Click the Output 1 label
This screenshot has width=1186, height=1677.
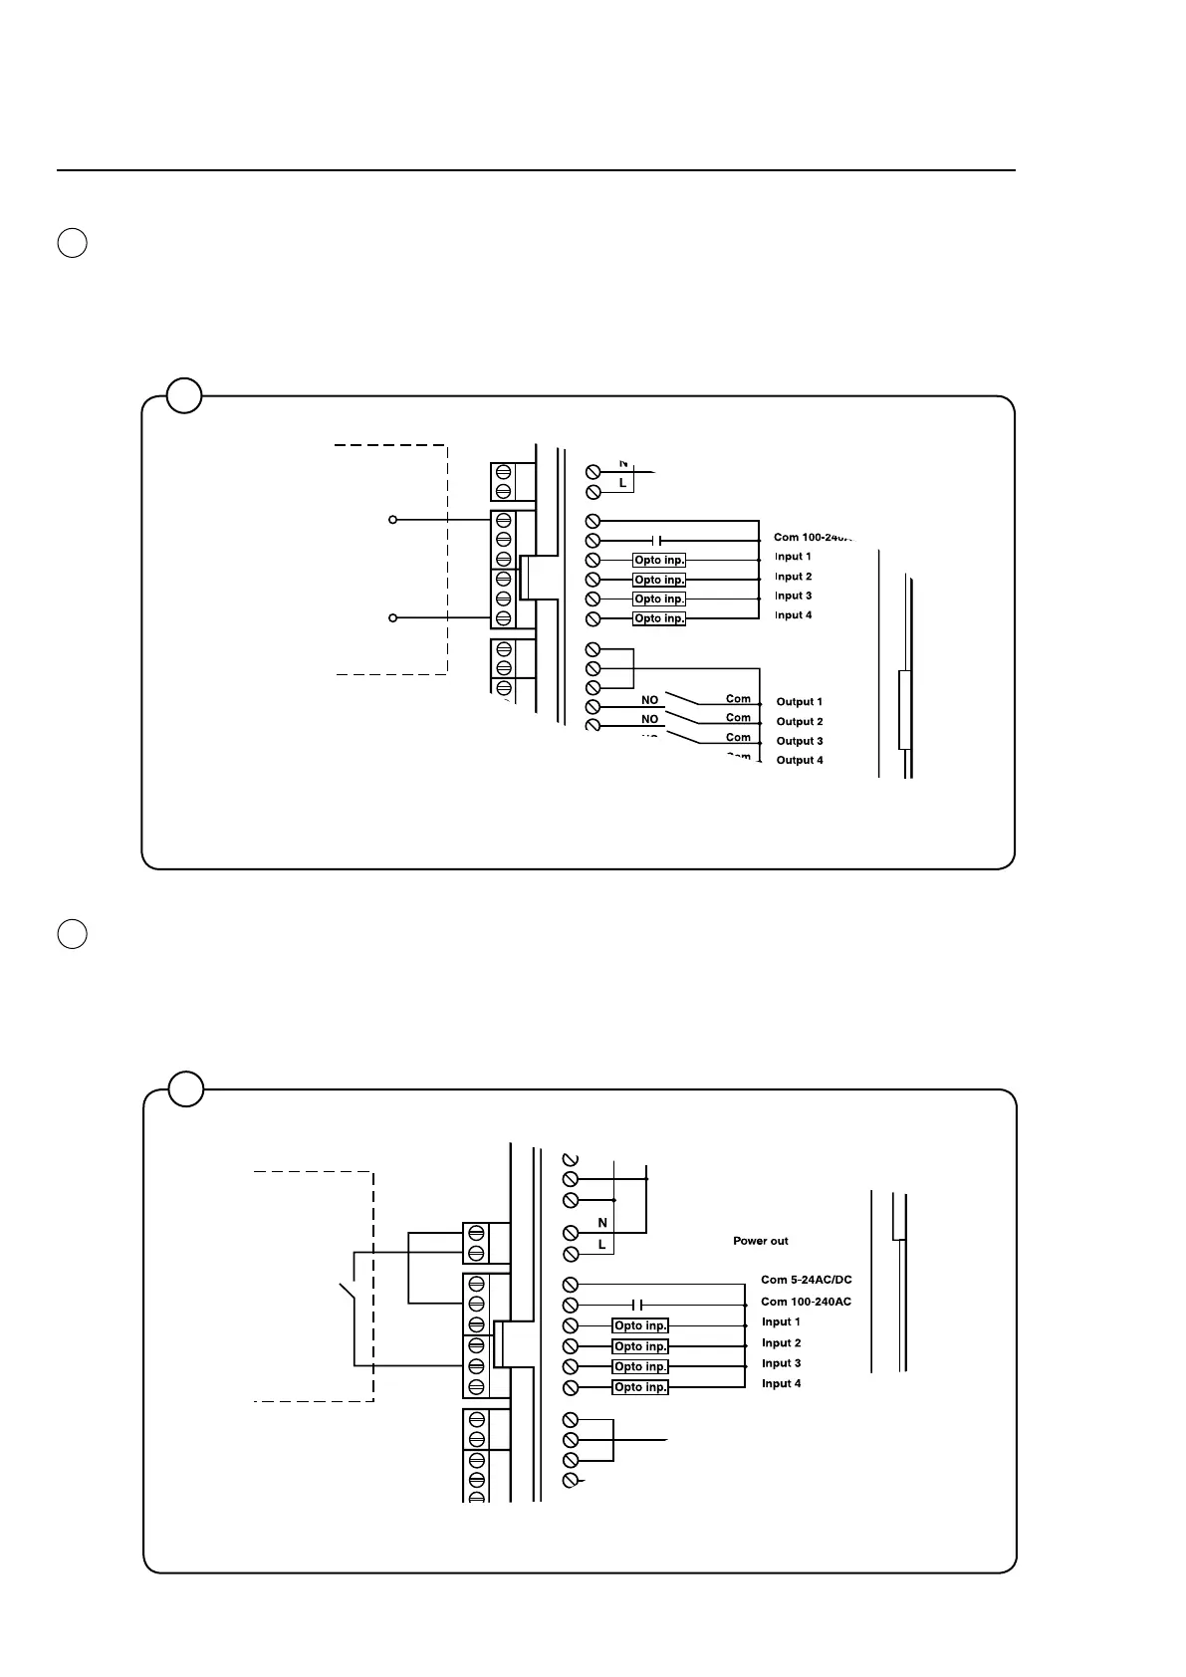click(x=799, y=702)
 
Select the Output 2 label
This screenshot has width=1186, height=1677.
click(x=799, y=722)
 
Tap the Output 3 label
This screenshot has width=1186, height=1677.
click(x=799, y=741)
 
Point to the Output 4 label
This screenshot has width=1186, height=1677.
click(x=799, y=761)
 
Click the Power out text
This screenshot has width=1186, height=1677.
click(x=760, y=1241)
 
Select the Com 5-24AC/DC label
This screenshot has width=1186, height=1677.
click(x=806, y=1280)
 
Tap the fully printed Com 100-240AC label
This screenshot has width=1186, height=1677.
click(x=806, y=1302)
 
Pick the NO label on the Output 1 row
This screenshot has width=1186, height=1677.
click(x=649, y=700)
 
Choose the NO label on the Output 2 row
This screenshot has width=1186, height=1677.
click(x=649, y=719)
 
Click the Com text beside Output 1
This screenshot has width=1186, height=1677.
click(x=738, y=699)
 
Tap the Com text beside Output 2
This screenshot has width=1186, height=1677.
click(x=738, y=718)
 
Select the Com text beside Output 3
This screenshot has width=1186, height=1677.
click(x=738, y=738)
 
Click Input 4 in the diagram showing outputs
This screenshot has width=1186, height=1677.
click(x=793, y=615)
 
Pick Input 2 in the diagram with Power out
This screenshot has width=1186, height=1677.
click(x=781, y=1343)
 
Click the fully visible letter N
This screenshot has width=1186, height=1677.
click(x=601, y=1223)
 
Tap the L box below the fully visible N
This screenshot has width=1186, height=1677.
click(x=601, y=1245)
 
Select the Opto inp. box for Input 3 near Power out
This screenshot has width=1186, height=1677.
click(x=639, y=1367)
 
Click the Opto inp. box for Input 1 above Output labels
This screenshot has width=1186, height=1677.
click(x=659, y=561)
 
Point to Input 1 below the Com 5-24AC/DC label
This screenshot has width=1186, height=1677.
click(x=781, y=1322)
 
